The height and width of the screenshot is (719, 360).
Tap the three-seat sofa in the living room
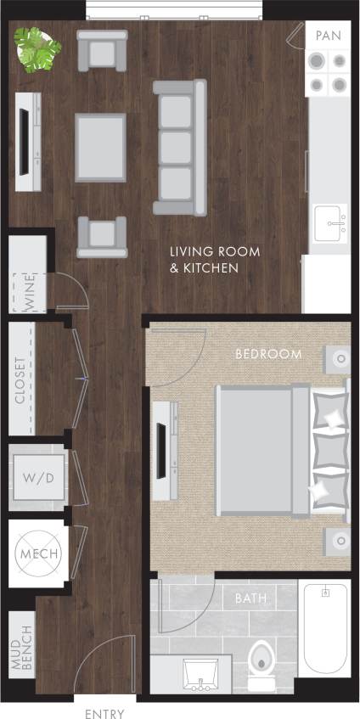pyautogui.click(x=179, y=147)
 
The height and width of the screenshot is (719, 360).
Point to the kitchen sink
pyautogui.click(x=329, y=223)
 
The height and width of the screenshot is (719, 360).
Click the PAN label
pyautogui.click(x=329, y=36)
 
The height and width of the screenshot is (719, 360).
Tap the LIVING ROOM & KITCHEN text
pyautogui.click(x=215, y=260)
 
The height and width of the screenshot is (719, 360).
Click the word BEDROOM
pyautogui.click(x=268, y=354)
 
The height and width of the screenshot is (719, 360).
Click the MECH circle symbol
pyautogui.click(x=37, y=554)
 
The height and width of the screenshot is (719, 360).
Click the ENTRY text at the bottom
pyautogui.click(x=105, y=714)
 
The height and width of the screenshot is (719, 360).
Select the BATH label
pyautogui.click(x=250, y=598)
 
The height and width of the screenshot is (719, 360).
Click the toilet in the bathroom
pyautogui.click(x=262, y=662)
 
